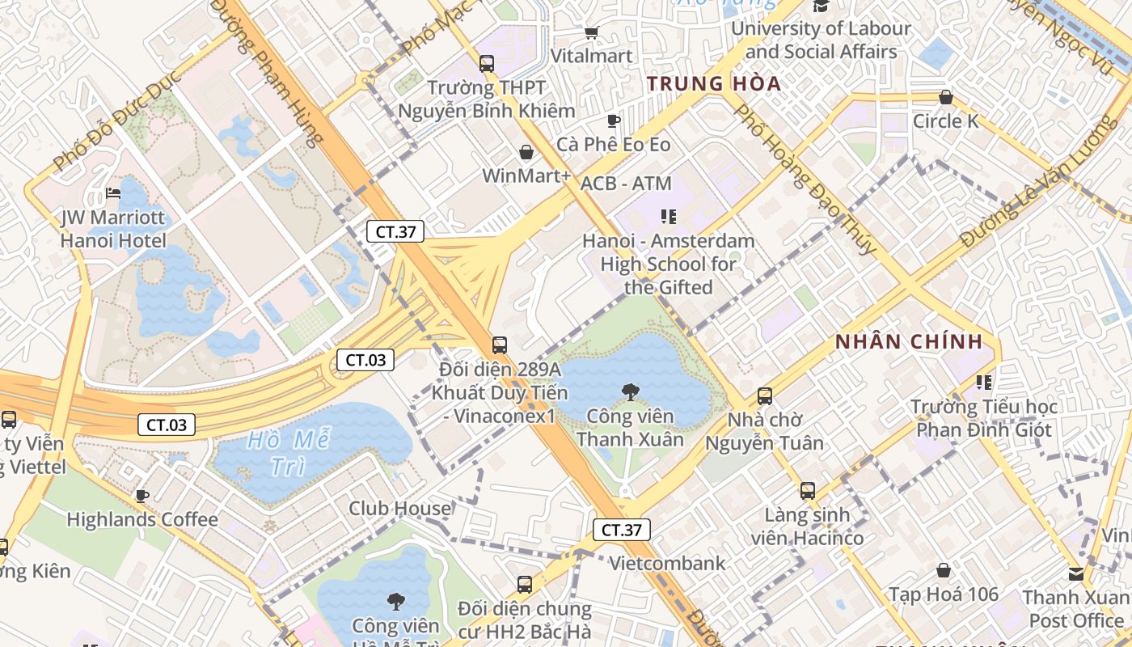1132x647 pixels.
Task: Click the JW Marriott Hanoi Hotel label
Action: [x=113, y=229]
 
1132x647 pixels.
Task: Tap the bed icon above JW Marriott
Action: [x=113, y=193]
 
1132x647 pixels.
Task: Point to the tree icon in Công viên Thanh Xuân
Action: [x=630, y=393]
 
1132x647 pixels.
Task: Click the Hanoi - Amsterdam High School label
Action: [x=669, y=264]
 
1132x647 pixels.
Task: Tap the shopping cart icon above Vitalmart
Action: [x=591, y=32]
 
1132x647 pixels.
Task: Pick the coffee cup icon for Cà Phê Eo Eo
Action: [x=614, y=121]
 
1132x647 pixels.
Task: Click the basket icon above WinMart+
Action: [x=526, y=152]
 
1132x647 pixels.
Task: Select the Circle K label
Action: [x=945, y=121]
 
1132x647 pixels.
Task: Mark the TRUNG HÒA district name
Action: [x=714, y=83]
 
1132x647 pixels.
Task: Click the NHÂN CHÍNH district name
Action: [x=909, y=341]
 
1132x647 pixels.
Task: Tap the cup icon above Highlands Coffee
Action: [x=142, y=496]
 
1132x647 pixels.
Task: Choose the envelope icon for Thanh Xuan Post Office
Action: [x=1076, y=574]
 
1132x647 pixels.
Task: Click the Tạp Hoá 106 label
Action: [x=944, y=594]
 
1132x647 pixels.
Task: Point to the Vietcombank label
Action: [x=667, y=563]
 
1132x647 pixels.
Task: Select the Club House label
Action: [x=399, y=508]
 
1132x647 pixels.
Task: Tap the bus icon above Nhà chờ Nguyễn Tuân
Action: [x=765, y=396]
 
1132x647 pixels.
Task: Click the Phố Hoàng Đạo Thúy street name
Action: [x=805, y=179]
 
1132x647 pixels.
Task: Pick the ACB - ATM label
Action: [x=626, y=184]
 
